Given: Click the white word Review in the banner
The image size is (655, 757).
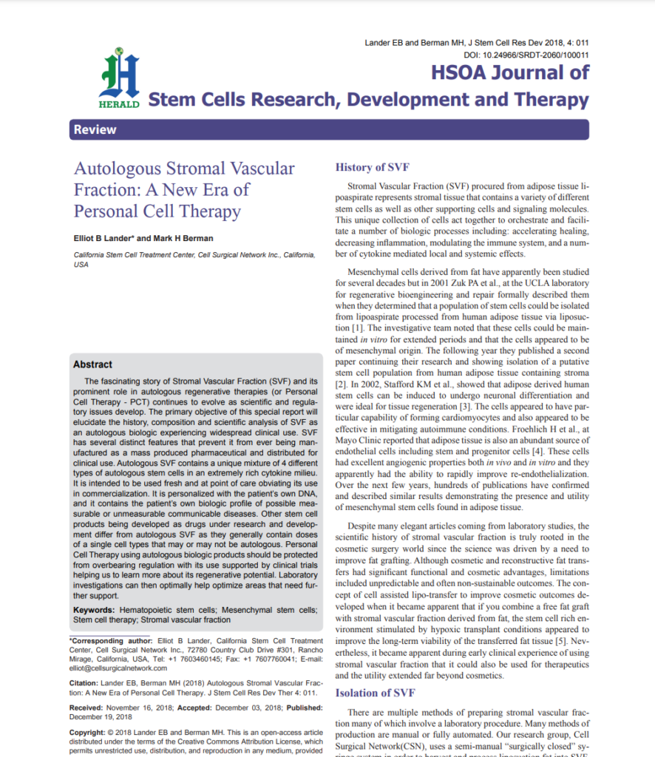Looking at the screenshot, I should point(95,130).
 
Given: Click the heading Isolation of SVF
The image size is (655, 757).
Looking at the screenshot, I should point(376,693).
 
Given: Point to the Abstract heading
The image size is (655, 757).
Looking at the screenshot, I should point(92,364).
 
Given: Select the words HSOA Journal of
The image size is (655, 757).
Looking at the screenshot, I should point(511,72).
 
